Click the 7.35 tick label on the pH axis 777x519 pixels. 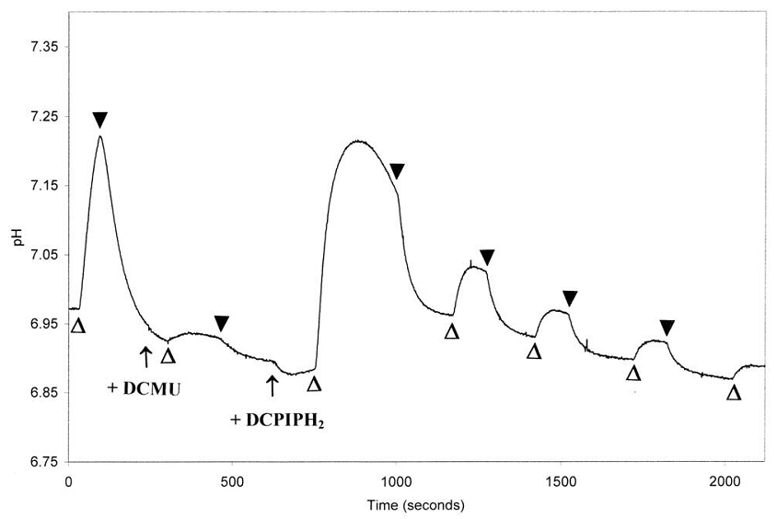point(41,47)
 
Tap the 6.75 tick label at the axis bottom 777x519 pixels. point(41,462)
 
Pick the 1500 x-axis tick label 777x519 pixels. point(561,481)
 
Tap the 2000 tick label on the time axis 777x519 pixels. point(725,481)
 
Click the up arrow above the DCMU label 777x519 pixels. point(145,354)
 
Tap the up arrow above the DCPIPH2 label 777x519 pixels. point(272,384)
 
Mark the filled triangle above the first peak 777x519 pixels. point(100,120)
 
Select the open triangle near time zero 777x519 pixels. point(78,326)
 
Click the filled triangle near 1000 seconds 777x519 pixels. point(397,171)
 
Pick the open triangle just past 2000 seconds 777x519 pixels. point(734,393)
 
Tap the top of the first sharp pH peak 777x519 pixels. point(99,137)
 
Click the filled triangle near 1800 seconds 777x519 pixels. point(667,328)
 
